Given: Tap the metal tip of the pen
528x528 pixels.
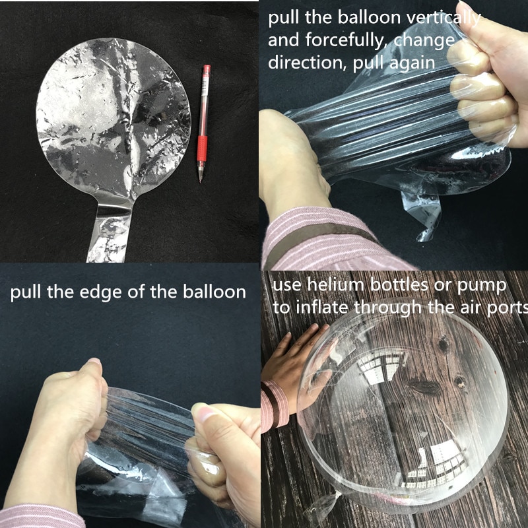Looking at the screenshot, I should tap(201, 177).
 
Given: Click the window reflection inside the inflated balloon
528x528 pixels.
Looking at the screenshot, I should tap(379, 363).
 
